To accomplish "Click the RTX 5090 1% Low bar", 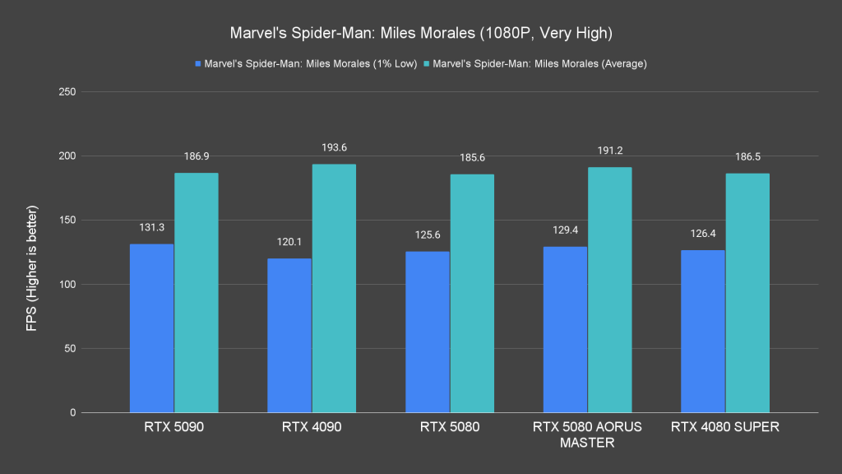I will pyautogui.click(x=151, y=328).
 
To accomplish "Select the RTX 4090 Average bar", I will pyautogui.click(x=334, y=288).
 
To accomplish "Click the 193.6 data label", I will pyautogui.click(x=334, y=148).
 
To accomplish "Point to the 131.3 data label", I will pyautogui.click(x=151, y=228).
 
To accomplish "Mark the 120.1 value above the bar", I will pyautogui.click(x=289, y=243).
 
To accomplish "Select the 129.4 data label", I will pyautogui.click(x=565, y=230).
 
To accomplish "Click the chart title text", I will pyautogui.click(x=420, y=35).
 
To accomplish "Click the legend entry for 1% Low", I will pyautogui.click(x=307, y=64).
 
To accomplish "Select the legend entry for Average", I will pyautogui.click(x=539, y=64).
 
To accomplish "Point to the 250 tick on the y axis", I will pyautogui.click(x=67, y=92).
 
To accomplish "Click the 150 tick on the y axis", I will pyautogui.click(x=67, y=221).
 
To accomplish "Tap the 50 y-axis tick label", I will pyautogui.click(x=71, y=349).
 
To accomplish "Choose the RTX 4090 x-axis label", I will pyautogui.click(x=312, y=427).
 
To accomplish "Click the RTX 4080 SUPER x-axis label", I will pyautogui.click(x=725, y=427).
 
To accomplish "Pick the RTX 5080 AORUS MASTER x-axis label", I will pyautogui.click(x=587, y=434).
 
